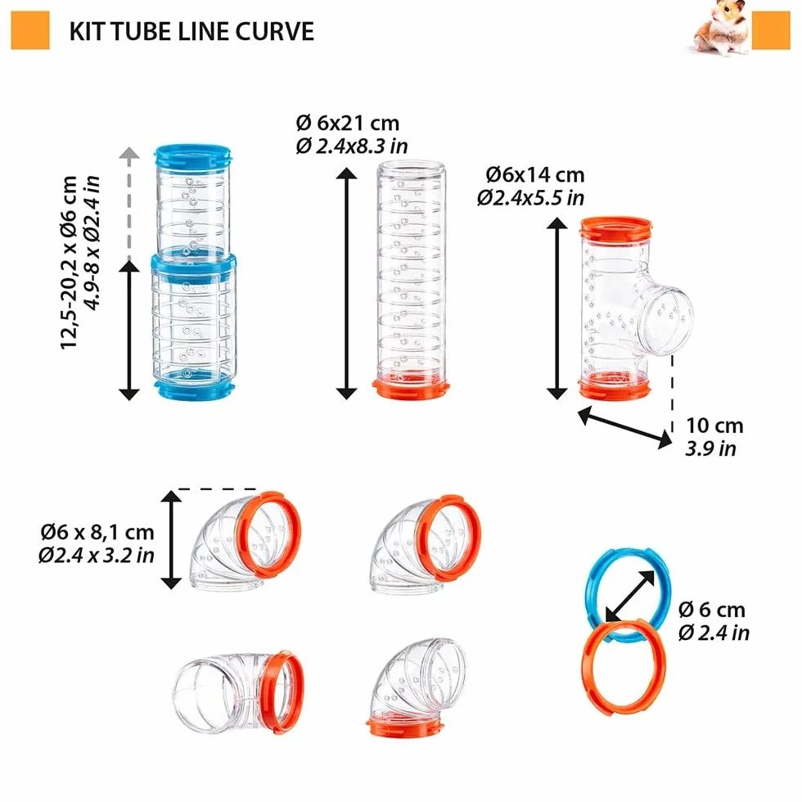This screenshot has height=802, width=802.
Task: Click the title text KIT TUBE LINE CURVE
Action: point(191,32)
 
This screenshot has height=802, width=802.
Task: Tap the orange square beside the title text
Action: point(30,31)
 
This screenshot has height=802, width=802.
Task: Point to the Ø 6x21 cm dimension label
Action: point(348,124)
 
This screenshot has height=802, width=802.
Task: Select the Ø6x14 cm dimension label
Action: point(535,175)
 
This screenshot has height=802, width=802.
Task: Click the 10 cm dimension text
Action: point(714,426)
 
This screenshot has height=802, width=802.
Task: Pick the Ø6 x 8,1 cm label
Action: point(97,533)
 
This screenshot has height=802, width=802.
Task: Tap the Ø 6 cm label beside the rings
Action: point(711,610)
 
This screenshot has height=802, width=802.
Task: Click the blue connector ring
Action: point(593,578)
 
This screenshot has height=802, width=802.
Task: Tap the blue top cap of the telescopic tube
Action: point(192,155)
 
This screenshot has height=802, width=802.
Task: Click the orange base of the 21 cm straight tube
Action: point(411,390)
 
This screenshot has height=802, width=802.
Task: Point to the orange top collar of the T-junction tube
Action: point(615,228)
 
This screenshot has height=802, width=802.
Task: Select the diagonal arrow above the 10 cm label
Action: point(625,427)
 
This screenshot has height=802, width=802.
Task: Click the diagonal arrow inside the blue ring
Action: point(630,596)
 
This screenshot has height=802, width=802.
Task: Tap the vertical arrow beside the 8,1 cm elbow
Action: point(171,539)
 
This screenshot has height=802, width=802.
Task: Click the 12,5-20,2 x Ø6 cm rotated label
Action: point(68,263)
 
